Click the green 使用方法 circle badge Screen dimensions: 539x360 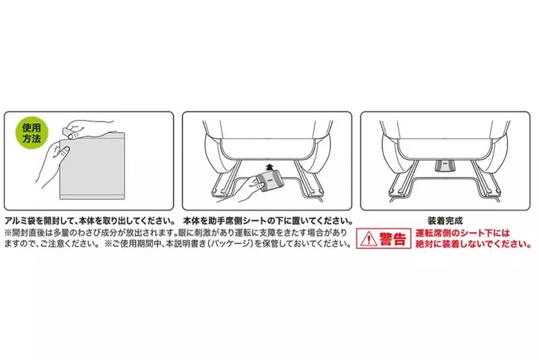coord(32,134)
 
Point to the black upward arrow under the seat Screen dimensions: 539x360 coord(269,167)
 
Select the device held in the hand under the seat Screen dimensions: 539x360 coord(269,182)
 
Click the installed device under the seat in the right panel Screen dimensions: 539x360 coord(444,165)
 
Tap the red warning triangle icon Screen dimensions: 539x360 coord(368,238)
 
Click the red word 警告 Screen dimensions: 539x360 coord(392,238)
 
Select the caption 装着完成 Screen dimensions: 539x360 coord(445,221)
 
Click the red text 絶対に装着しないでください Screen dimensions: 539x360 coord(474,244)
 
